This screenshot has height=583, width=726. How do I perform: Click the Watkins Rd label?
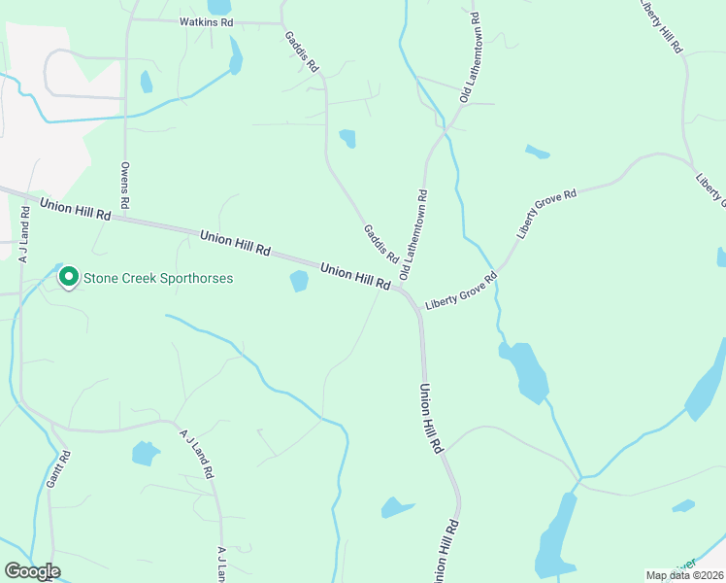point(207,20)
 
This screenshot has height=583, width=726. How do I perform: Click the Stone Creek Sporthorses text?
point(158,278)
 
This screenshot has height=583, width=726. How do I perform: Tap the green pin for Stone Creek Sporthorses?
point(69,278)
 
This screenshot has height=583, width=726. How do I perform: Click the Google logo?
point(32,571)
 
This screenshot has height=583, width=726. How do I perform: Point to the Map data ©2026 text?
point(683,575)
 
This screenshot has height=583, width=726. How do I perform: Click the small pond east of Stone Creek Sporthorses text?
point(299,282)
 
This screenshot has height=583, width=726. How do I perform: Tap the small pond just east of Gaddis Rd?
point(347,138)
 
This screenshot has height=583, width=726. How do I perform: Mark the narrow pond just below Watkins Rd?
point(236,56)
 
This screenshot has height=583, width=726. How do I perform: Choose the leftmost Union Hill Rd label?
point(76,209)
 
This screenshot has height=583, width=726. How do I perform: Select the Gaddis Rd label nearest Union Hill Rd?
point(380,245)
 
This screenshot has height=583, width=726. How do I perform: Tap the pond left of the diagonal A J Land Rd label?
point(145,453)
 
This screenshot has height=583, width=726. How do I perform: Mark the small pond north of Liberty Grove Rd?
point(537,153)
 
